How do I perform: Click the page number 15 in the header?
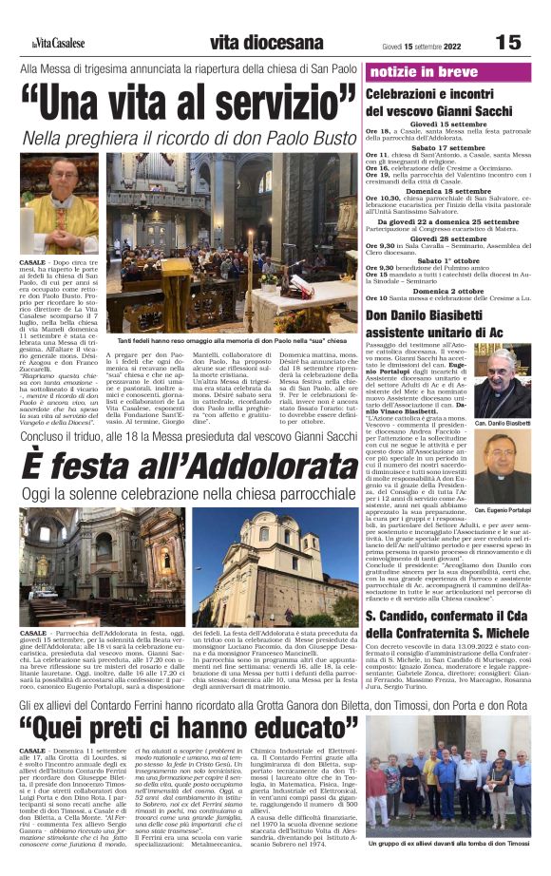pos(508,42)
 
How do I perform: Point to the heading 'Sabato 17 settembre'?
pos(448,147)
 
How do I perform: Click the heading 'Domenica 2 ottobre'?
pos(448,290)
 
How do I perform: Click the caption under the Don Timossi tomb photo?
pos(448,843)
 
